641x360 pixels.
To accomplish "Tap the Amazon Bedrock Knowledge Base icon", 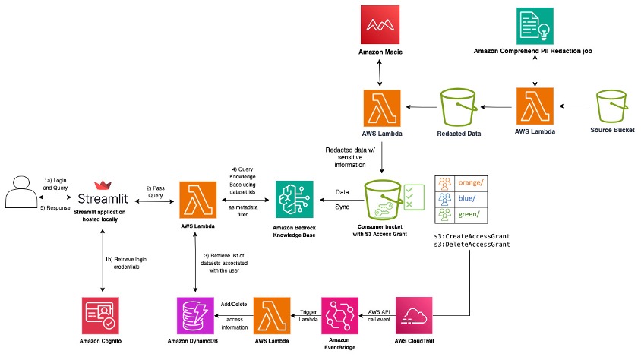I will pos(295,202).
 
